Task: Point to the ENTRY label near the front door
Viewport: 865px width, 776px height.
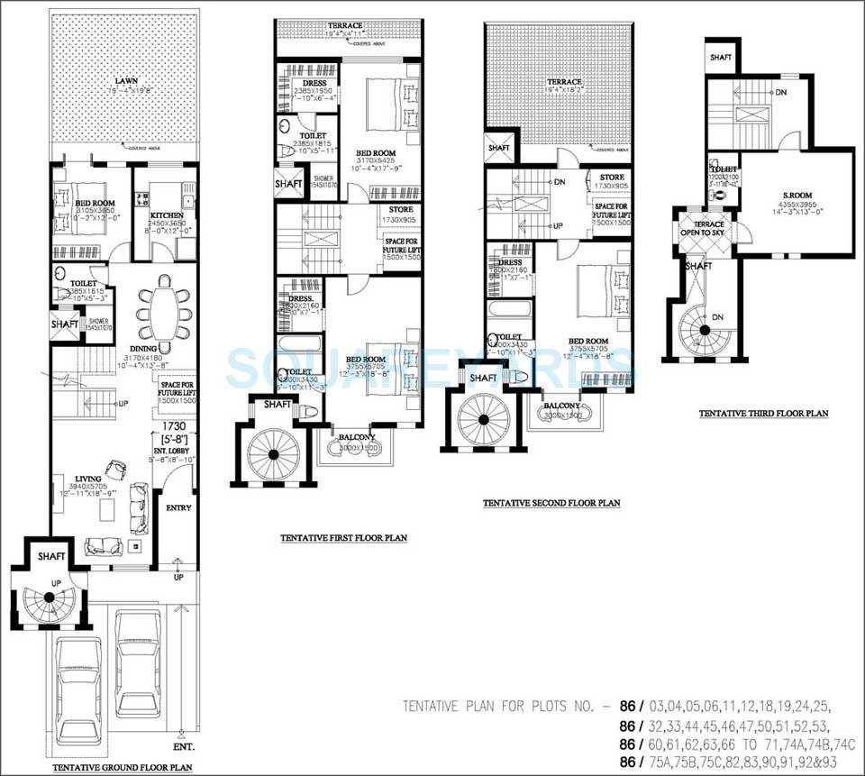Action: point(178,507)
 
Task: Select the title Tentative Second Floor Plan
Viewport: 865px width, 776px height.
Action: point(551,503)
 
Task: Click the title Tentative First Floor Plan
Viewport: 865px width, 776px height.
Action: point(342,538)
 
